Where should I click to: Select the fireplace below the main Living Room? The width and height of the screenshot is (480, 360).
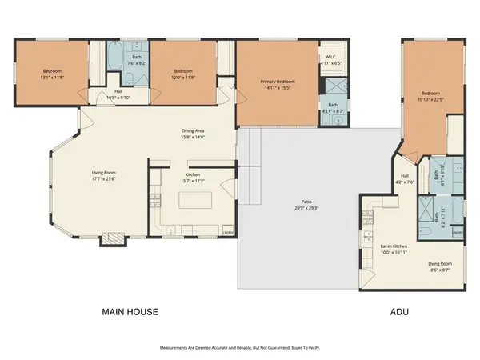[110, 239]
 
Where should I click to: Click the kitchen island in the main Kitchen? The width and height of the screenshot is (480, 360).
[190, 201]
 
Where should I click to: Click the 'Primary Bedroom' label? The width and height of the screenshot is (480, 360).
[277, 82]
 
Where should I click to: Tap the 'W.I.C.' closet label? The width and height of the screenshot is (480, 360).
[331, 57]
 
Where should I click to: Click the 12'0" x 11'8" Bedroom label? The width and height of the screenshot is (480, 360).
[183, 75]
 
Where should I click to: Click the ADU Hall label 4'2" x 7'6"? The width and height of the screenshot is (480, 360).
[405, 178]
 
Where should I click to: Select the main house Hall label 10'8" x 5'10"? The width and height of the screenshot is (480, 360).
[118, 94]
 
